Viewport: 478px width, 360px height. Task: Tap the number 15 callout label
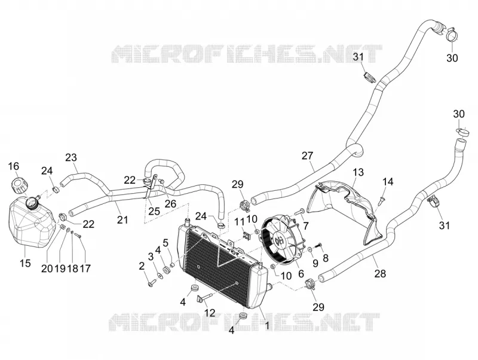point(26,262)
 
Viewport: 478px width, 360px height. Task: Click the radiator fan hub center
point(278,241)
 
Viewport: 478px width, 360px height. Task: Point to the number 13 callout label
point(358,172)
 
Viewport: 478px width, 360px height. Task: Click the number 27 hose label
point(307,155)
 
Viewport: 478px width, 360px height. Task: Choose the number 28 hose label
point(380,273)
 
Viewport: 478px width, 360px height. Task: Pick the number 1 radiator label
point(267,325)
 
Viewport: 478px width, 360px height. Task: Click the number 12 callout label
point(210,312)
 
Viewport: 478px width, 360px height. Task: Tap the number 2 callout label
point(142,266)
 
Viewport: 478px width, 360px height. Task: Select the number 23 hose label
point(71,157)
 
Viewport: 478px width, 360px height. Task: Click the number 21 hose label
point(122,219)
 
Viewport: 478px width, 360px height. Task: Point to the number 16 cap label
point(13,166)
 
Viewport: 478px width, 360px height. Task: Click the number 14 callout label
point(388,182)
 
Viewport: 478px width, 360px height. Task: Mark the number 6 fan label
point(301,273)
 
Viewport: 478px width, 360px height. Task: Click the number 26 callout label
point(170,203)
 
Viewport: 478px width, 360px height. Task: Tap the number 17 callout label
point(85,269)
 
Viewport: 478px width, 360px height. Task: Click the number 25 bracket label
point(154,211)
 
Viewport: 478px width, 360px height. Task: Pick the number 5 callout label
point(166,243)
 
